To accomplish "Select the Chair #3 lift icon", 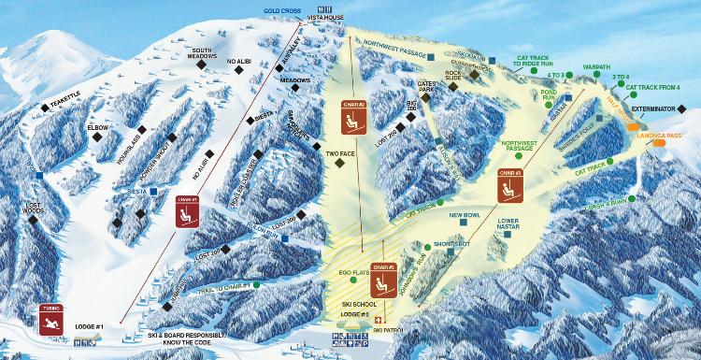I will point(509,184).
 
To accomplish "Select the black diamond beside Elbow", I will point(97,137).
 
